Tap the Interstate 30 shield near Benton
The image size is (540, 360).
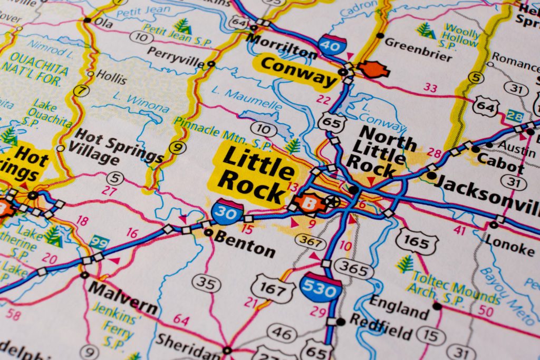(227, 212)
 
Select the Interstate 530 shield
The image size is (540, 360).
(320, 288)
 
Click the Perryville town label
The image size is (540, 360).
(176, 58)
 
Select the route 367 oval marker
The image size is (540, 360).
(310, 241)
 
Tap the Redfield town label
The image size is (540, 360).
(381, 327)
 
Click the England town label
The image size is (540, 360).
(399, 307)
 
